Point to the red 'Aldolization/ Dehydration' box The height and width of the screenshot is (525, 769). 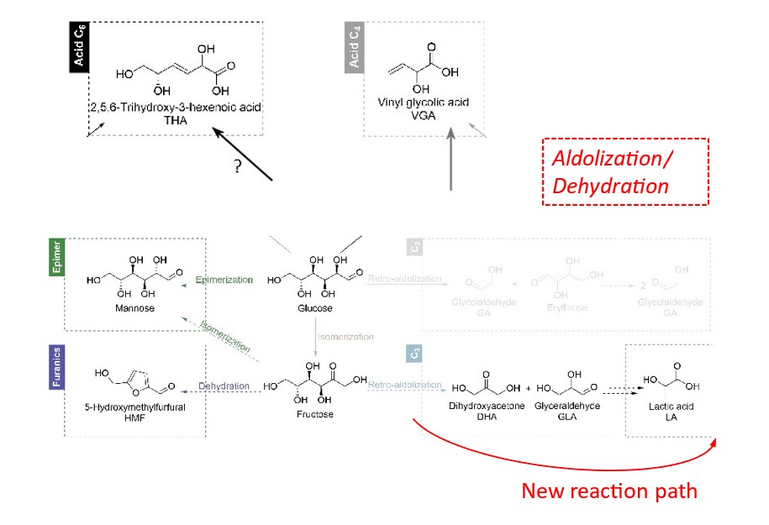point(624,171)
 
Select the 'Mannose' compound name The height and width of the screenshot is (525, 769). point(131,308)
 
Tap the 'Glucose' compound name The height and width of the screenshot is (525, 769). point(315,308)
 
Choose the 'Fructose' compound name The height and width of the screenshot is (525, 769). point(314,413)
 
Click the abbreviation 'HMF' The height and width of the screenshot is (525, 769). point(135,417)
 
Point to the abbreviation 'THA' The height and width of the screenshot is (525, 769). point(176,120)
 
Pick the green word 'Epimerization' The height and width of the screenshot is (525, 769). point(223,279)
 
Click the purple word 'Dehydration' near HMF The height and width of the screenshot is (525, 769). point(224,386)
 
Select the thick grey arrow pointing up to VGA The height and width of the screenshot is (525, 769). point(451,159)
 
